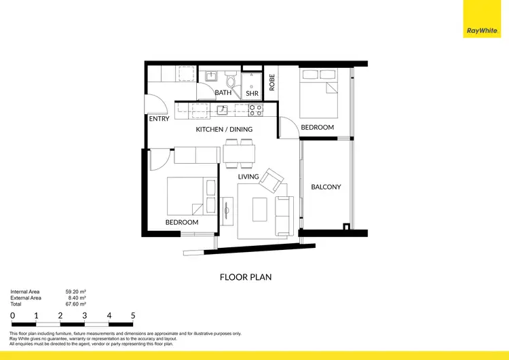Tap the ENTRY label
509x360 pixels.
click(159, 120)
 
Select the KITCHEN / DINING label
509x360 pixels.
click(224, 129)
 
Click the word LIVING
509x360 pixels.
click(248, 177)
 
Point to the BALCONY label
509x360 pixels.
click(326, 187)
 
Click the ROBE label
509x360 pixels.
click(272, 82)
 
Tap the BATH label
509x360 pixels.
click(223, 92)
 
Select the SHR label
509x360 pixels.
click(251, 93)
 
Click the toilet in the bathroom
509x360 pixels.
click(231, 82)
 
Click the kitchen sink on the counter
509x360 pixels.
click(221, 109)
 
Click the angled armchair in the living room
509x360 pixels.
click(274, 180)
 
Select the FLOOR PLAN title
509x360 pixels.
click(246, 277)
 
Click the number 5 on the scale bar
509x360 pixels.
click(133, 316)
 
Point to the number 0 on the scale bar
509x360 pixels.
click(12, 316)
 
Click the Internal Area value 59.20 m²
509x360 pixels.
click(75, 291)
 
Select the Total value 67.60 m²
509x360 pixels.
click(75, 304)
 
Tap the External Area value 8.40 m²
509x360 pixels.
click(76, 298)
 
